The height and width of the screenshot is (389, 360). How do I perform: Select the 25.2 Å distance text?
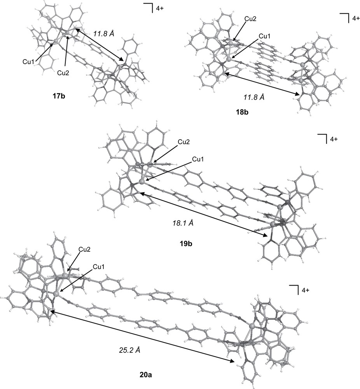pos(129,350)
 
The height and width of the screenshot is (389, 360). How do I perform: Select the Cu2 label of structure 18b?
pos(251,18)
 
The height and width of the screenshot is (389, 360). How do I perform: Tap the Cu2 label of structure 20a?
pos(85,249)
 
